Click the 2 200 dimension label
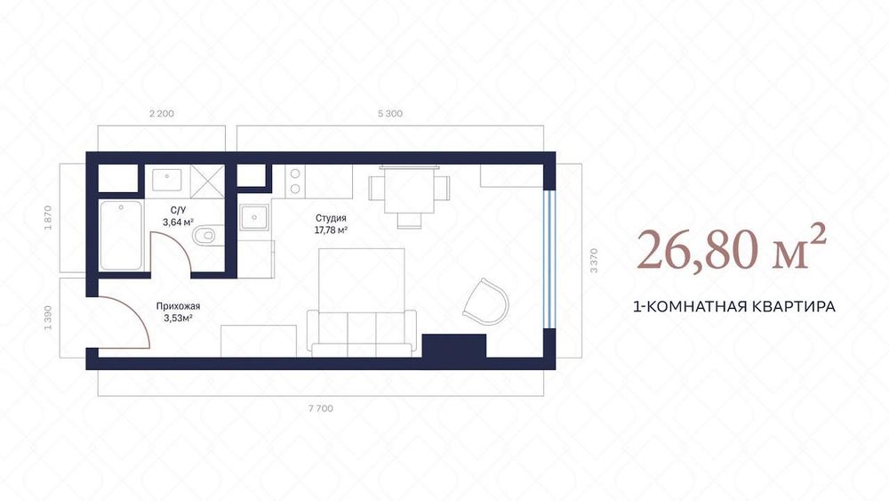point(162,114)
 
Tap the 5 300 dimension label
point(390,114)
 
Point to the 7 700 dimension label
point(321,408)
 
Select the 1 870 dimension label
point(48,218)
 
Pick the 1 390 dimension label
point(48,319)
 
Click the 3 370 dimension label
point(594,261)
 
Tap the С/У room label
point(178,210)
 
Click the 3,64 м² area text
point(178,222)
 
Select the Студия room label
point(331,218)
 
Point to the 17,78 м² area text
point(331,230)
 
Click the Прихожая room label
point(178,306)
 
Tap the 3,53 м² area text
point(178,319)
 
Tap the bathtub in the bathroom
point(121,236)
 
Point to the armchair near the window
point(486,302)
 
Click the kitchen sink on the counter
point(253,217)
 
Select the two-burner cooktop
point(295,181)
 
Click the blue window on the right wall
point(549,259)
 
